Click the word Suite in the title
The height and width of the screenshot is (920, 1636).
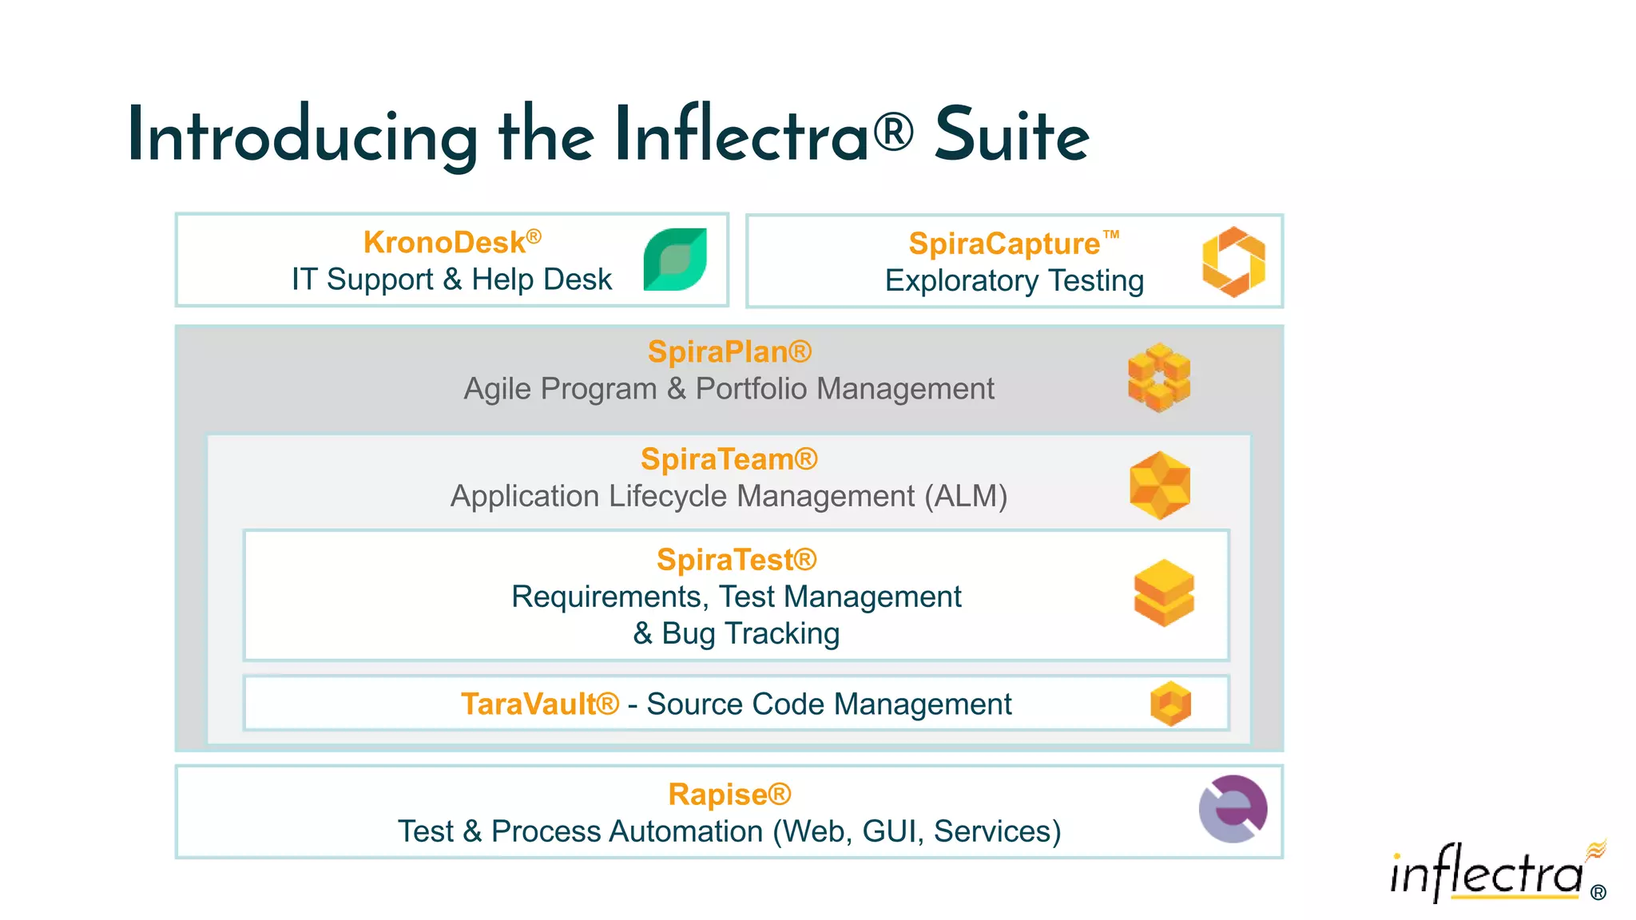1011,136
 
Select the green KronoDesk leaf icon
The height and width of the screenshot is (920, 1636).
675,260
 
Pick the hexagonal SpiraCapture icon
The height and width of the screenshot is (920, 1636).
1233,261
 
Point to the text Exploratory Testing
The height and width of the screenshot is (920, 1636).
1014,281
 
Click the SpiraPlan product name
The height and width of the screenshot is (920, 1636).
729,351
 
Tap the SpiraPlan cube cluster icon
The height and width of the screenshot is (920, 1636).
1158,378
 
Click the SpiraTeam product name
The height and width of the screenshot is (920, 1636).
729,459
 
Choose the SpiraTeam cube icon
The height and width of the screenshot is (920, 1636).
1160,485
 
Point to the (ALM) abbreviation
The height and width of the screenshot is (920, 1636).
966,496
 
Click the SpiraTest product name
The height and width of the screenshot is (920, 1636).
736,560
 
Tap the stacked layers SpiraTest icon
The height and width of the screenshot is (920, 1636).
1164,593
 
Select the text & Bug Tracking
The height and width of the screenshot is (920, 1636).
736,633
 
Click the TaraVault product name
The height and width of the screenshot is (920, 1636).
539,704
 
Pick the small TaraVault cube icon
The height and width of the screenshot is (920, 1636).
1170,704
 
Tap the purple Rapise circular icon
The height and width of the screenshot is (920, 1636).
1233,809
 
